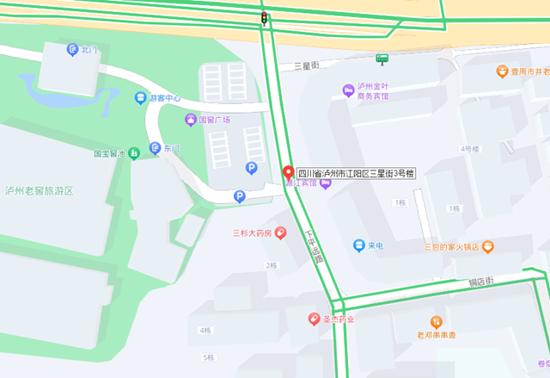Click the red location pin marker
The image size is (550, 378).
[289, 170]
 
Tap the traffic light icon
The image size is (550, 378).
[264, 17]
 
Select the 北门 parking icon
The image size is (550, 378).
[72, 50]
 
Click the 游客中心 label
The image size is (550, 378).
[165, 98]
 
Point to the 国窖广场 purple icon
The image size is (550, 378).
[191, 120]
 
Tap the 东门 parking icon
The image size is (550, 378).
[155, 148]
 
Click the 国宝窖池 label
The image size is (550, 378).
[109, 155]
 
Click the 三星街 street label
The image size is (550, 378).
[306, 65]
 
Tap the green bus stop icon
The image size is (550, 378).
[382, 59]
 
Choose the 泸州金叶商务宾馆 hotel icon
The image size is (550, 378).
[348, 90]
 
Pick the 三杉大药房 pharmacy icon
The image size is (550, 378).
[280, 233]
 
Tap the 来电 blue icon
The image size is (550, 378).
[358, 246]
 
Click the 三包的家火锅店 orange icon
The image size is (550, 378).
[488, 247]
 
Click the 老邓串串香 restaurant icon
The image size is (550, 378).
[436, 321]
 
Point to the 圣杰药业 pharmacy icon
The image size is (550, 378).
[315, 319]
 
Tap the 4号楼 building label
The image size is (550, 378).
[469, 149]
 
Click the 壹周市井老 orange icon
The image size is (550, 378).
[501, 72]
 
